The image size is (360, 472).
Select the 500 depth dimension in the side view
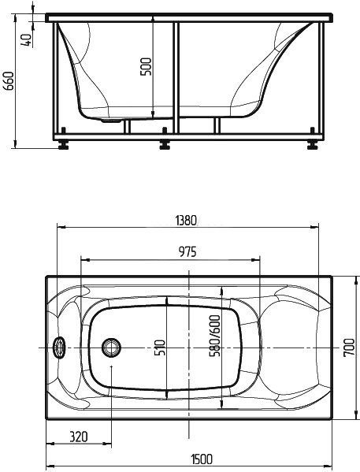click(145, 67)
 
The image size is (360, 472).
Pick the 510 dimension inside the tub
click(159, 347)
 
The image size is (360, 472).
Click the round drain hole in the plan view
click(111, 347)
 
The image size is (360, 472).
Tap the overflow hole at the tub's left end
click(58, 347)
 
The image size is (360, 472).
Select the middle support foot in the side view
click(165, 144)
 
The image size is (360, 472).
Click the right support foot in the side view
click(314, 144)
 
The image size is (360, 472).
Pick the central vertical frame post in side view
click(176, 79)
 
